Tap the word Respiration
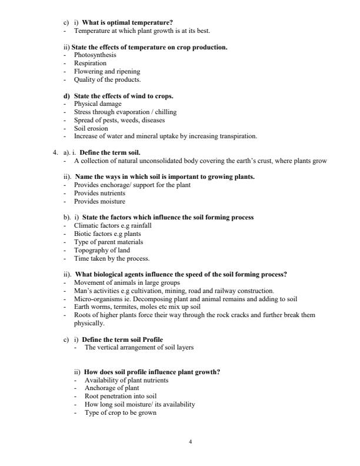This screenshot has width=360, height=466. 90,63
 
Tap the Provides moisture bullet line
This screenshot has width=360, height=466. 99,201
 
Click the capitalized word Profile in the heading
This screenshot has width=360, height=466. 152,339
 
